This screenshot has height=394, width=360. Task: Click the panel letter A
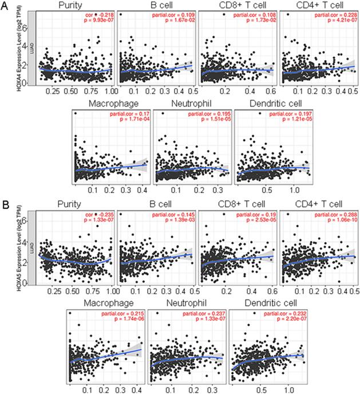tap(6, 8)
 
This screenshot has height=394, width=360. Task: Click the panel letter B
tap(5, 204)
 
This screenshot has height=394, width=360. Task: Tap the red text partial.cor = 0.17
tap(126, 115)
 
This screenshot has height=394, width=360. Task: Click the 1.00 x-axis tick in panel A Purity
tap(109, 90)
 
